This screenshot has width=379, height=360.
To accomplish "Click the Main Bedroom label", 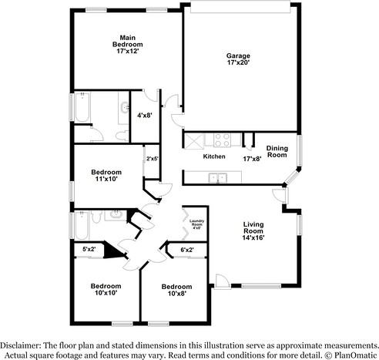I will coord(127,45).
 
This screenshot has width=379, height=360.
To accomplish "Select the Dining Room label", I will coord(277,151).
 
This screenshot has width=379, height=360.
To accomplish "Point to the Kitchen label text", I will coord(213,156).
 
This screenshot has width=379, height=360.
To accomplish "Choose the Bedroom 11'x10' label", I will coord(106,176).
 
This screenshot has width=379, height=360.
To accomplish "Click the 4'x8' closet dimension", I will coord(144,115).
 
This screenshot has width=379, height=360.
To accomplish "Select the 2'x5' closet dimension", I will coord(153,159).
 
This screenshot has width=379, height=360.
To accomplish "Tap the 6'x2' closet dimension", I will coord(187,249).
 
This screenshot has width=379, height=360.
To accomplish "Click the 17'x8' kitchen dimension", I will coord(252,158).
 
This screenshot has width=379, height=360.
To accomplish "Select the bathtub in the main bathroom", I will coord(82,109).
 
